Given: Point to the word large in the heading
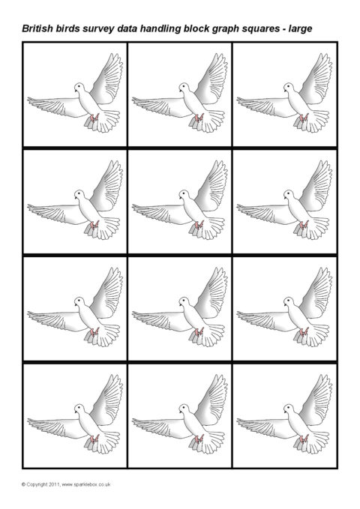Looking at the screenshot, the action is tap(300, 29).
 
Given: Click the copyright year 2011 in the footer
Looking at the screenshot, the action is tap(54, 484).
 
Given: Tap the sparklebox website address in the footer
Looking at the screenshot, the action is tap(86, 484).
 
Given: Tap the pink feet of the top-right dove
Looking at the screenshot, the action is tap(304, 118).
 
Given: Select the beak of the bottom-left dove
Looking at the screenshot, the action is tap(76, 412).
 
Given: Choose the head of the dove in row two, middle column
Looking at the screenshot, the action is tap(184, 195).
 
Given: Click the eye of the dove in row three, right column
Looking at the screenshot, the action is tap(287, 301).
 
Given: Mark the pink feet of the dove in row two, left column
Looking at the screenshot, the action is tap(94, 225).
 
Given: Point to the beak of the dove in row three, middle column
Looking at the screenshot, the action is tap(180, 304).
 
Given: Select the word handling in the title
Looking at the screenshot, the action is tap(160, 29).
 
